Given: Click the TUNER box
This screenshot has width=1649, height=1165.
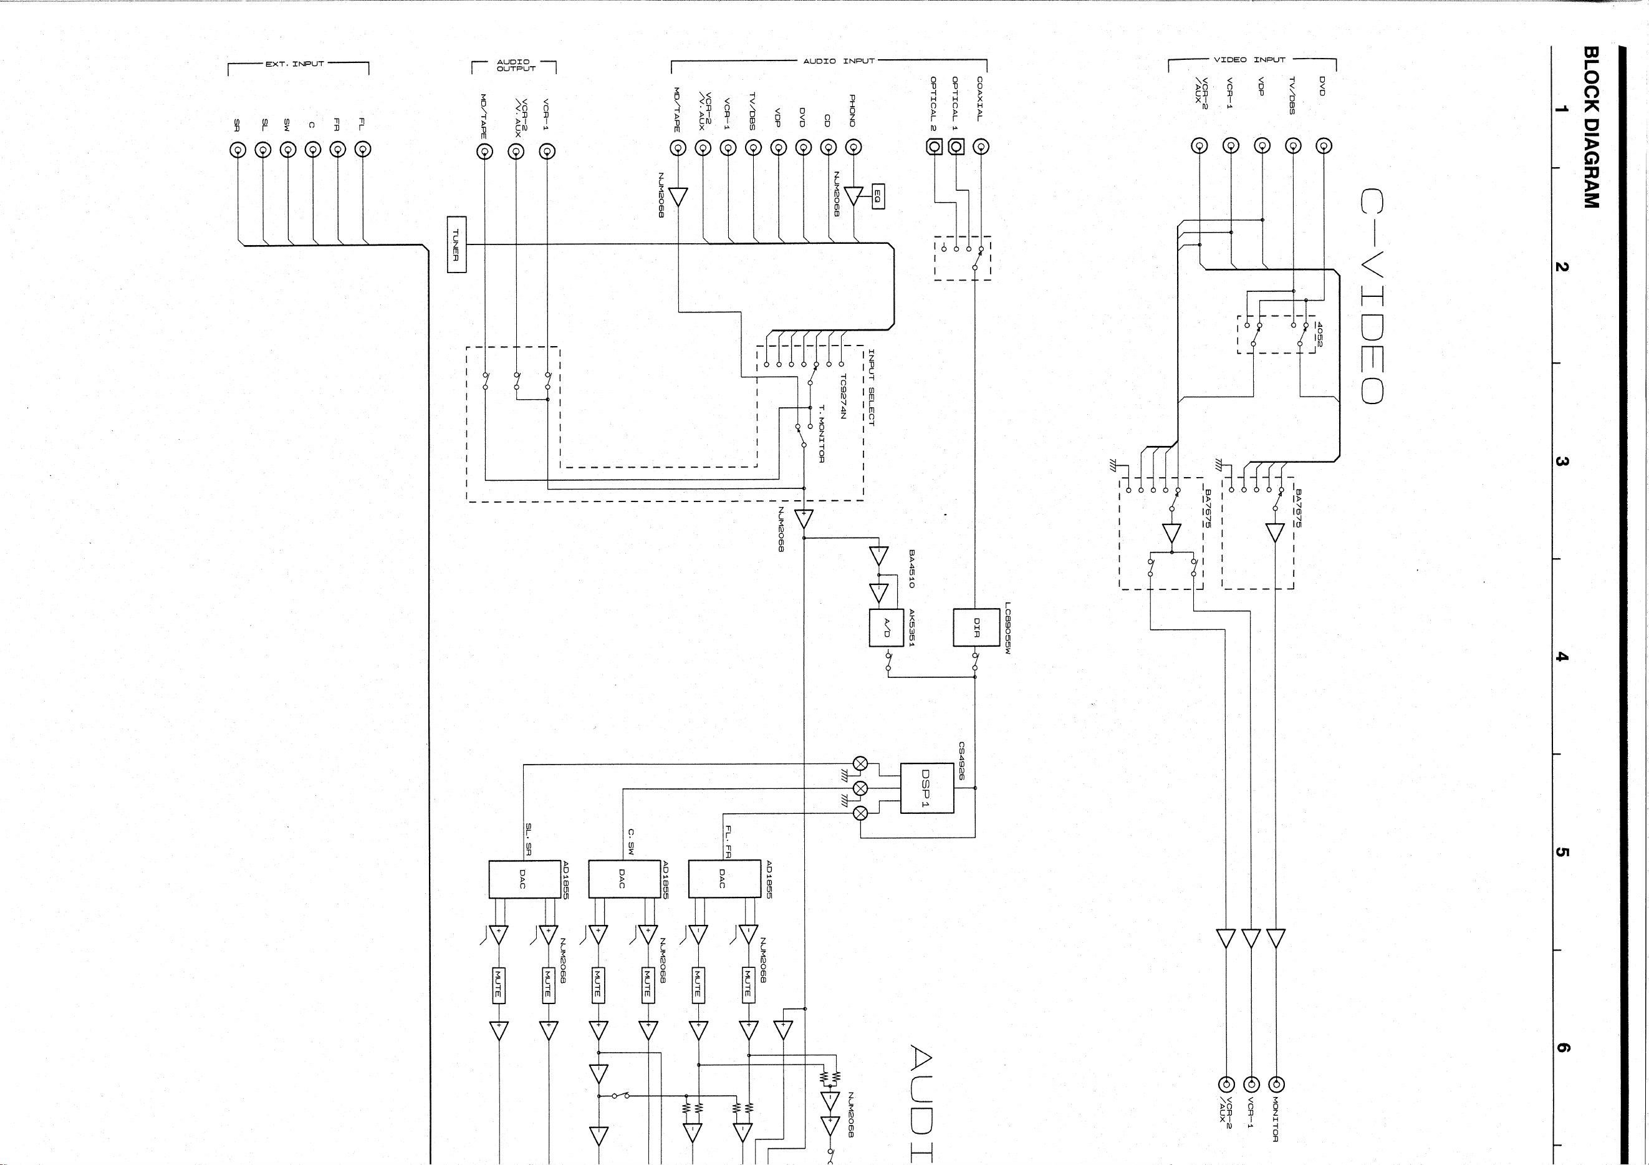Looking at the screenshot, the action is pos(457,244).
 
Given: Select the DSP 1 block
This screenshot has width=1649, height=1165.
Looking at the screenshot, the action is pos(926,788).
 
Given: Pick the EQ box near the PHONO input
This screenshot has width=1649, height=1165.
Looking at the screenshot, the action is pos(878,196).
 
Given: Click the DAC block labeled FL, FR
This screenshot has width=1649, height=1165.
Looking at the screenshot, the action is pos(724,878).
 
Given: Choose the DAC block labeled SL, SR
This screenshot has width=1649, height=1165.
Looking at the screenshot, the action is pos(525,878).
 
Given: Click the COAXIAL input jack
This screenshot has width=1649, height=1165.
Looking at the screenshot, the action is pos(980,147).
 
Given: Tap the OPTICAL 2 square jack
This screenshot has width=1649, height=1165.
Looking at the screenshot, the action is pos(934,147).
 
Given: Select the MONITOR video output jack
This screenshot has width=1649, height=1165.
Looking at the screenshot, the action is pos(1276,1085).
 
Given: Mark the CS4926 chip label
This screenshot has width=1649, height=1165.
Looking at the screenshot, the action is pos(962,761).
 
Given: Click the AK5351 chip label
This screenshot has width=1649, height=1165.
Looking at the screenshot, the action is pos(911,628).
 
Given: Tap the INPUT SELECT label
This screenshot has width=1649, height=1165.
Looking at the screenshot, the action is pos(871,388).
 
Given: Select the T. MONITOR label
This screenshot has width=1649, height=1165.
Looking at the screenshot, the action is pos(822,434).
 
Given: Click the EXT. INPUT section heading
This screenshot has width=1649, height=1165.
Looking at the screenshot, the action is pos(295,64).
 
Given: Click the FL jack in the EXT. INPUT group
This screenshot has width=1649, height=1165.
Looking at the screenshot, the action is pos(363,150).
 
